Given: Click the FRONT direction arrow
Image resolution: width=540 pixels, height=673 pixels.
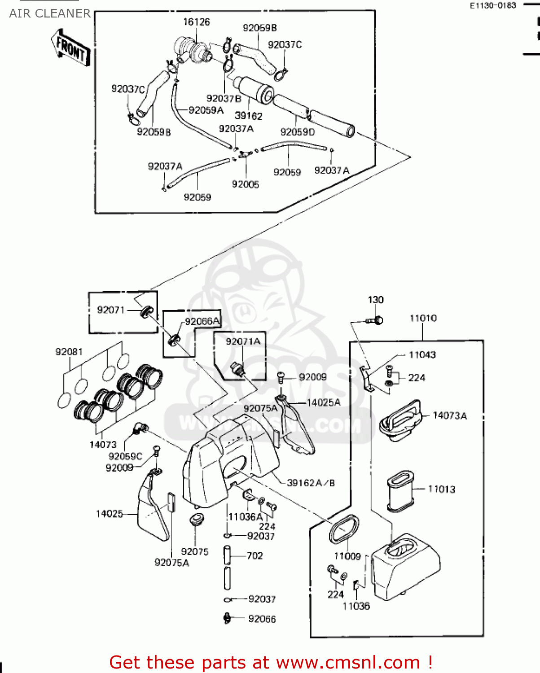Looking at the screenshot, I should click(71, 48).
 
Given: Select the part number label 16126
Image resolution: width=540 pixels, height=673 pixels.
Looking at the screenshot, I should click(196, 22).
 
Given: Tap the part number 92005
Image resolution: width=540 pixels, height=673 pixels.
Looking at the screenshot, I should click(245, 184).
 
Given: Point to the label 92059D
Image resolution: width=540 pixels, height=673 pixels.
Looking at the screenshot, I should click(298, 132).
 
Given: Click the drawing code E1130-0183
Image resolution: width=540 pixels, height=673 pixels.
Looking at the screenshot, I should click(493, 5).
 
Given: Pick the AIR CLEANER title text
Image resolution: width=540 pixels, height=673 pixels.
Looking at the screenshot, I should click(50, 13).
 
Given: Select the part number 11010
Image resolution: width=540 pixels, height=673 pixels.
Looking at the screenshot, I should click(423, 318).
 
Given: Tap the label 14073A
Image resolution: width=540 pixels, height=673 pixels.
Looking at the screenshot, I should click(449, 415).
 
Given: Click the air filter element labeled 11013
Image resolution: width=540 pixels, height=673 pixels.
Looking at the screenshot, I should click(400, 491).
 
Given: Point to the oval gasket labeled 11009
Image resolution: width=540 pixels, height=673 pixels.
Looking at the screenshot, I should click(344, 529).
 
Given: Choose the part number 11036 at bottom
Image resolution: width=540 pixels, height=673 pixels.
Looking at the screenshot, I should click(356, 606).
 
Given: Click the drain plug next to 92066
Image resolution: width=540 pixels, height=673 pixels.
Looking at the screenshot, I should click(228, 618).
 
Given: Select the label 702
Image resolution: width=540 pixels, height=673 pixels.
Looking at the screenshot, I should click(255, 556).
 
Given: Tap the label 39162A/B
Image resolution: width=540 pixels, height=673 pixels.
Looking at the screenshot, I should click(311, 483).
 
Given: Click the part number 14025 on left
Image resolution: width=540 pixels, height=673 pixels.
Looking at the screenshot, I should click(109, 514).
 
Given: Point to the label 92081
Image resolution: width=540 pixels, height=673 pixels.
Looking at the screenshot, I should click(69, 352).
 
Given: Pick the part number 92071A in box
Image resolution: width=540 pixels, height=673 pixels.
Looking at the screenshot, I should click(243, 341).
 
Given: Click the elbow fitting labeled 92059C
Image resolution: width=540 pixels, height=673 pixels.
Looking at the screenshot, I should click(140, 428).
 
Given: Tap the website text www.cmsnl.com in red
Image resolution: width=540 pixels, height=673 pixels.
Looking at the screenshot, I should click(348, 663).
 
